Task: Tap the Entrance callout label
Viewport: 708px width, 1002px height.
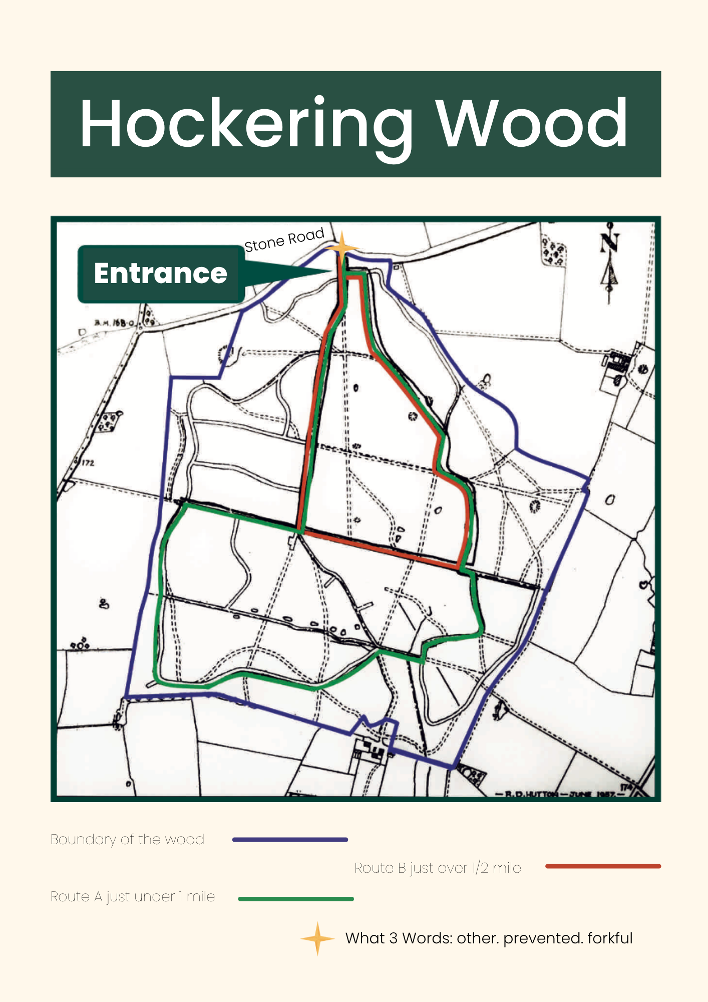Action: point(161,274)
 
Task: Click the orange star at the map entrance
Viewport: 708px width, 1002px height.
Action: point(342,247)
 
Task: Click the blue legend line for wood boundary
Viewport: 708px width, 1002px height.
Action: point(290,840)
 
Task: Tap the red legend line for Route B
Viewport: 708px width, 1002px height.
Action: point(603,866)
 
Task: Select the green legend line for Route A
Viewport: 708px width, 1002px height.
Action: point(296,899)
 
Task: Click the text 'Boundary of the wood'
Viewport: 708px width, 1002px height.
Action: point(127,840)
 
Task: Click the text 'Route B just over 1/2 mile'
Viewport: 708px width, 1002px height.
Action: point(438,868)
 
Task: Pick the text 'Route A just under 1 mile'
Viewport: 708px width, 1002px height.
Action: point(133,897)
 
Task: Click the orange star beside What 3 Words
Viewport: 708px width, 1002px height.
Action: point(317,938)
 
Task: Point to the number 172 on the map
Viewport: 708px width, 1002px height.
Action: point(88,463)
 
